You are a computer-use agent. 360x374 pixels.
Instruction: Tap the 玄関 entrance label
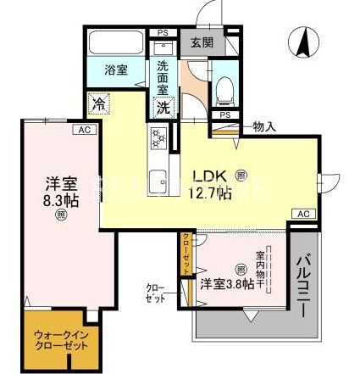tap(200, 42)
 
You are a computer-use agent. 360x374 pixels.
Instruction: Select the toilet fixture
tap(224, 87)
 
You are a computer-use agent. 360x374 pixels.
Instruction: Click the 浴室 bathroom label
tap(116, 70)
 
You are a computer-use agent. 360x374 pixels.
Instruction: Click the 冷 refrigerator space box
tap(99, 105)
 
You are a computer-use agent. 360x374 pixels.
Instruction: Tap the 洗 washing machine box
tap(162, 108)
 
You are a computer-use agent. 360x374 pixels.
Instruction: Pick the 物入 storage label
tap(264, 127)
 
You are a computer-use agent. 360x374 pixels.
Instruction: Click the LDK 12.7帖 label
tap(210, 184)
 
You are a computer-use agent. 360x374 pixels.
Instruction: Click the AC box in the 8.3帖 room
tap(83, 130)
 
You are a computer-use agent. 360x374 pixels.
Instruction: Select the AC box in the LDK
tap(304, 213)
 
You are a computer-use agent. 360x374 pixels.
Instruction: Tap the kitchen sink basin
tap(158, 181)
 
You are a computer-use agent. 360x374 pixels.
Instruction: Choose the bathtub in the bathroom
tap(117, 43)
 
